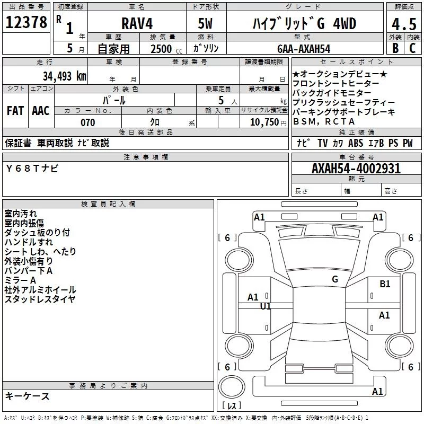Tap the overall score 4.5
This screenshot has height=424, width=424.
point(403,24)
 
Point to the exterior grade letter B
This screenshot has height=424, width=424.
point(395,48)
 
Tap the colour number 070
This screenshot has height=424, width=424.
point(87,122)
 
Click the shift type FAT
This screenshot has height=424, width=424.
point(15,110)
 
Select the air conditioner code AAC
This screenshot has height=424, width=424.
point(41,110)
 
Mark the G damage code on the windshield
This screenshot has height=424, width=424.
point(334,279)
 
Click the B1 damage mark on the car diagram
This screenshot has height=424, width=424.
point(385,284)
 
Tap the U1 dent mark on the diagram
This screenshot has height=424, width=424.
point(266,306)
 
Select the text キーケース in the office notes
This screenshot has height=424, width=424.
point(27,396)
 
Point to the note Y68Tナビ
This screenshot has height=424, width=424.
point(32,168)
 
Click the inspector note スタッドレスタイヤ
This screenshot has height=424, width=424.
point(40,299)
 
